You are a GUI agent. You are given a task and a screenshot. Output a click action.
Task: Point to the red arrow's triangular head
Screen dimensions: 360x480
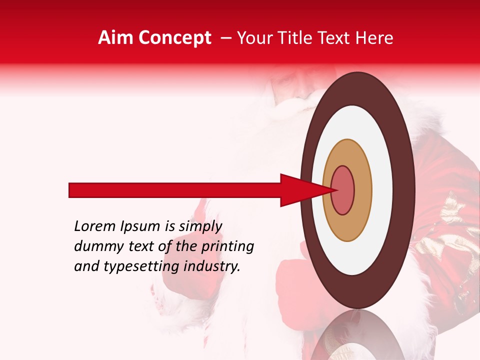coord(300,190)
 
